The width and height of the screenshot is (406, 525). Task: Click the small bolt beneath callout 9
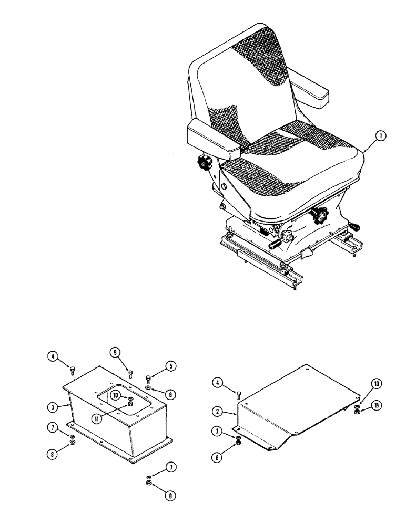point(130,373)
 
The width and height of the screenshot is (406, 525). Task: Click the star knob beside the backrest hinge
point(204,164)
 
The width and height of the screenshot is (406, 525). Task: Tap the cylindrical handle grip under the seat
point(277,245)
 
